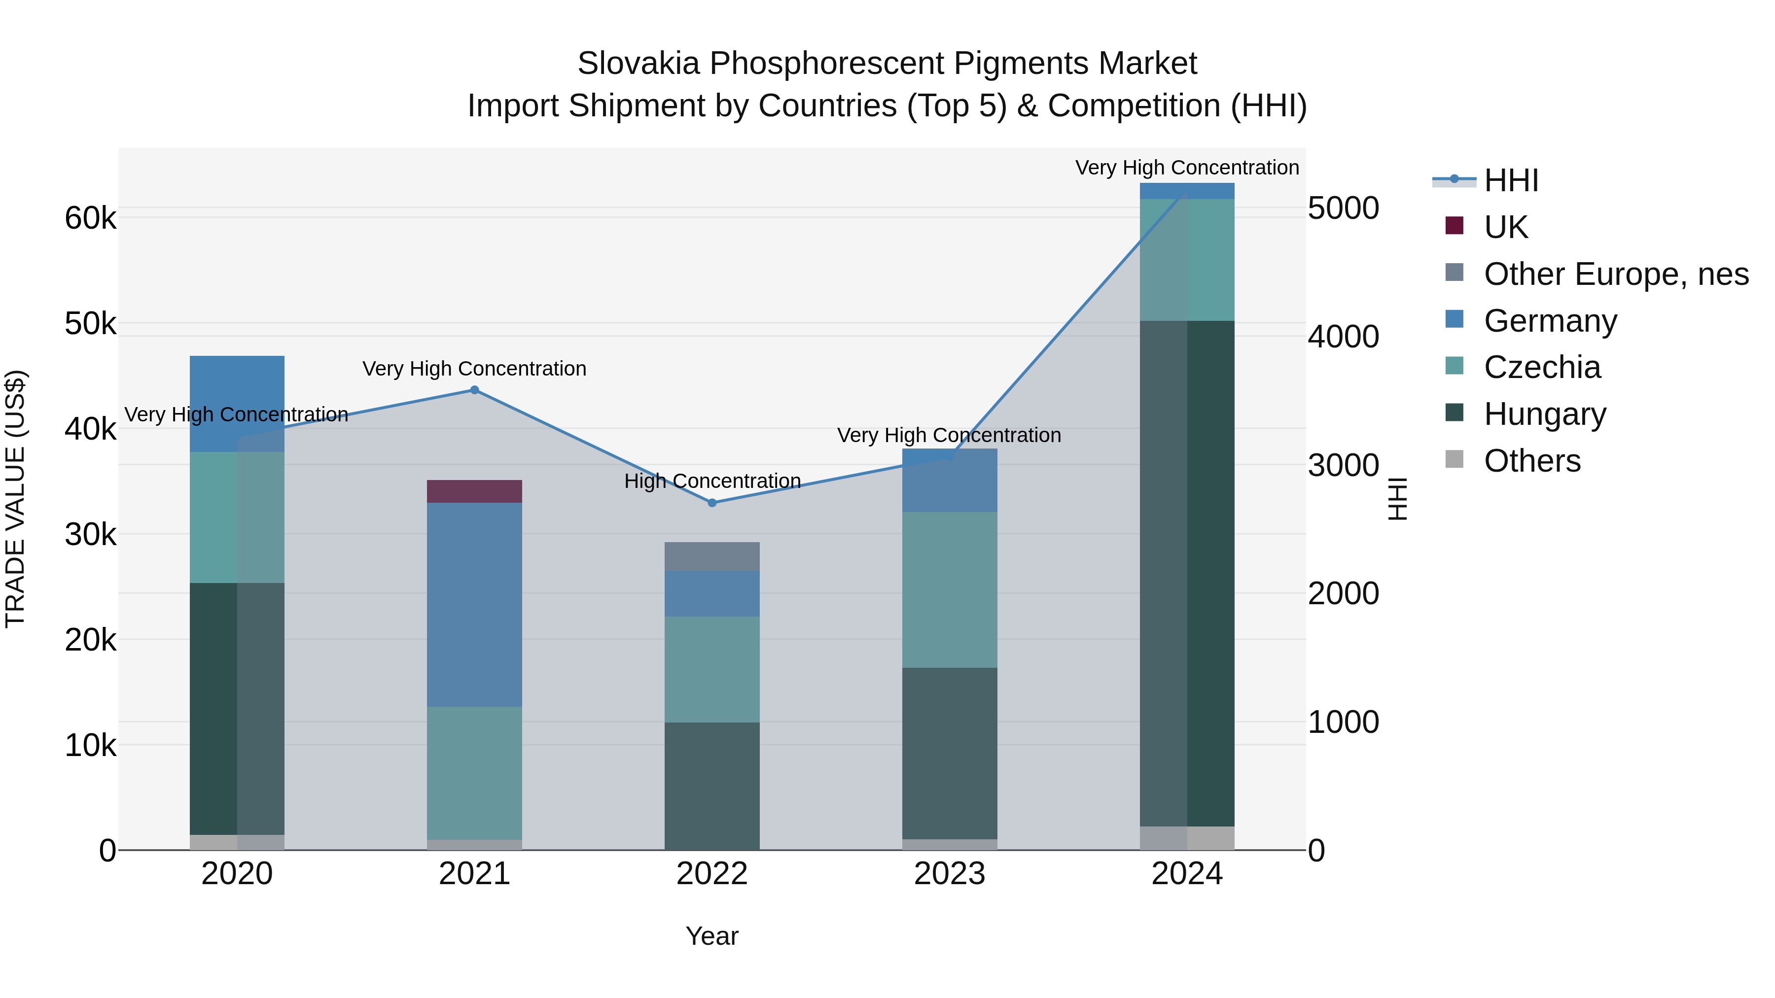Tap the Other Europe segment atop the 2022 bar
click(712, 556)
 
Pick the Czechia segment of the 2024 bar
click(1187, 260)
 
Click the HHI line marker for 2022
click(712, 503)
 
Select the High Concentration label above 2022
click(712, 481)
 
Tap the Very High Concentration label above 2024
click(1187, 168)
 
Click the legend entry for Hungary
click(1544, 414)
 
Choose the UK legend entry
click(1506, 227)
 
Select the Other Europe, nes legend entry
click(1615, 274)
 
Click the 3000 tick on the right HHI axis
click(1344, 466)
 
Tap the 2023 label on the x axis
click(950, 874)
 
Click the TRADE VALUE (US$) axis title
click(15, 499)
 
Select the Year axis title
click(712, 936)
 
